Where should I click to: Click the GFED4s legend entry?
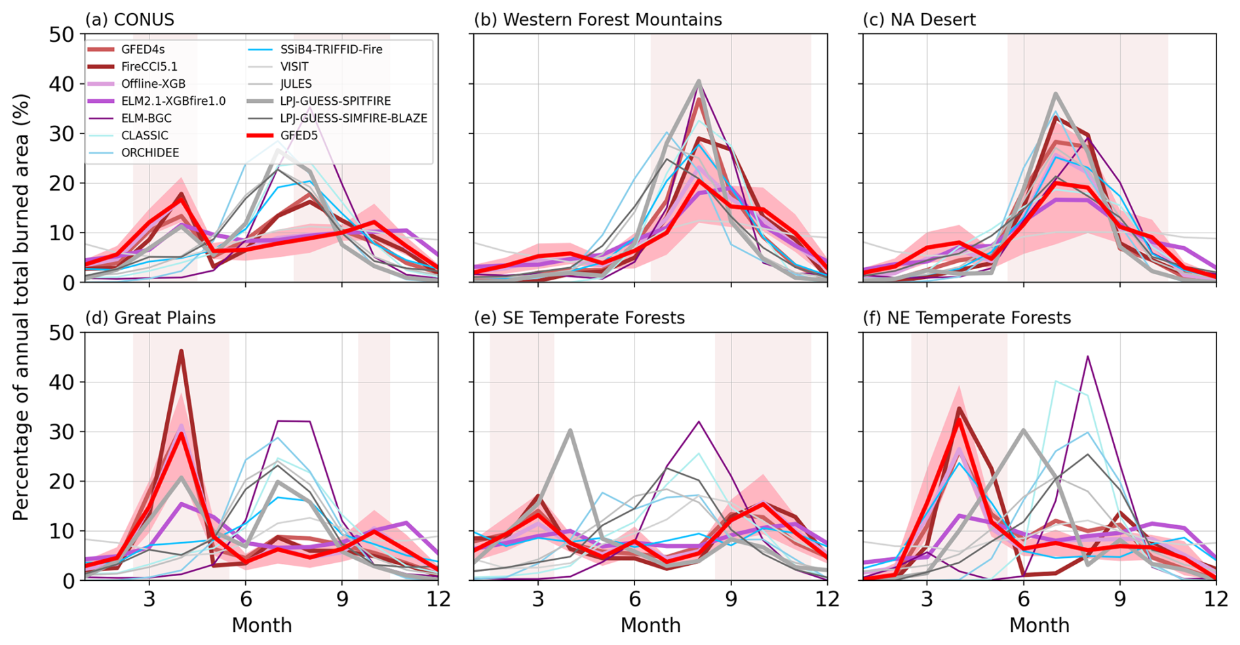click(142, 49)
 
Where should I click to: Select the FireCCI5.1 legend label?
click(149, 66)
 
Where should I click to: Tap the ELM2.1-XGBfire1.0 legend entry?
click(173, 101)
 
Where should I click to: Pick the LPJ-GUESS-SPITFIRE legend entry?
click(335, 101)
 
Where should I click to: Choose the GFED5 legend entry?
click(300, 136)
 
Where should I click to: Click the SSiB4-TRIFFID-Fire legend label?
click(331, 49)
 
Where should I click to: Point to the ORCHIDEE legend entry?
click(150, 153)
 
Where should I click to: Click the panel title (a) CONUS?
click(130, 20)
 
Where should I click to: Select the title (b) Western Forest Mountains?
click(598, 20)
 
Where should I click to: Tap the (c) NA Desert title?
click(919, 20)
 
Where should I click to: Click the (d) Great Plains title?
click(150, 318)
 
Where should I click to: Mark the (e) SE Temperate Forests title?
click(579, 318)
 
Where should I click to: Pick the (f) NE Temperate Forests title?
click(967, 318)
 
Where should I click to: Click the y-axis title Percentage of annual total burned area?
click(21, 307)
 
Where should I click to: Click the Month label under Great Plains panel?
click(262, 625)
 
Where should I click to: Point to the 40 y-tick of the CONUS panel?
click(62, 84)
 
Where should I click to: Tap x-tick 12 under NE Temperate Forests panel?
click(1216, 599)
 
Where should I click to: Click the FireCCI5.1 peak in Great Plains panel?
click(182, 351)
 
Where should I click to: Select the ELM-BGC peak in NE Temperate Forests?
click(1087, 356)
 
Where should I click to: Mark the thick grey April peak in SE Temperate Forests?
click(570, 430)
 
